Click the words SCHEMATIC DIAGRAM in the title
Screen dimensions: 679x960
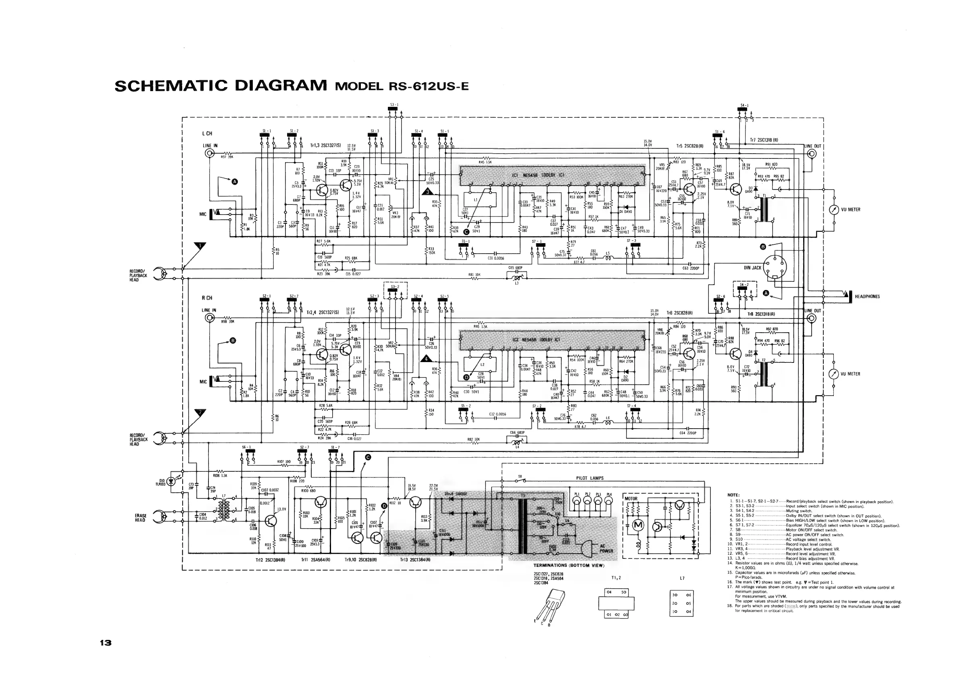[221, 86]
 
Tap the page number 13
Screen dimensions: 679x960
[105, 643]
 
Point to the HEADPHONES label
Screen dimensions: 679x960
[867, 296]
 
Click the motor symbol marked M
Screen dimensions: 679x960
[639, 525]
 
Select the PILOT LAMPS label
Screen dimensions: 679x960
[589, 478]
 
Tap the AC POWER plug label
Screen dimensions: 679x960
[606, 548]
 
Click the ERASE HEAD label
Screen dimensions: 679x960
[140, 518]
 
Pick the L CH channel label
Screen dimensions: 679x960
[207, 134]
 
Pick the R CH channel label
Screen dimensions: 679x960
[207, 298]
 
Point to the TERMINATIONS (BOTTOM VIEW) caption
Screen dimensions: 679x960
[569, 566]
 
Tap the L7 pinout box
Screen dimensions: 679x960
[681, 603]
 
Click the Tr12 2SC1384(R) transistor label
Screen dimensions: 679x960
[270, 559]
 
